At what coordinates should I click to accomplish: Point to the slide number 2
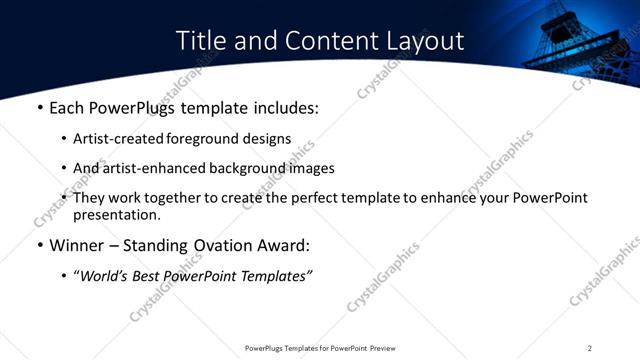point(590,347)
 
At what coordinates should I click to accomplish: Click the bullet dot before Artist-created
point(64,139)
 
